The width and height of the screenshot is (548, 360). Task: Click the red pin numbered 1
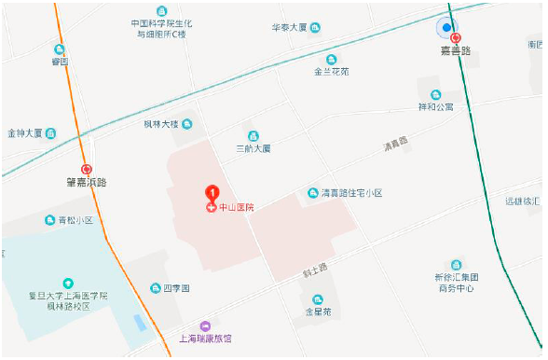212,192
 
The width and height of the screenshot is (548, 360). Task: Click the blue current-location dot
447,28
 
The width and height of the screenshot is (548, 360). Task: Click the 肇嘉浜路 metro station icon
87,170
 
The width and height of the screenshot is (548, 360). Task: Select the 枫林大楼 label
160,123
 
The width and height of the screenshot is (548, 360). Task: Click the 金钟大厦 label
25,133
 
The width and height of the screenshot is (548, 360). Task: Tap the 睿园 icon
60,49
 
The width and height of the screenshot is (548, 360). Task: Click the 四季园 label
177,289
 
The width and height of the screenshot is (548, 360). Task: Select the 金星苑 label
318,312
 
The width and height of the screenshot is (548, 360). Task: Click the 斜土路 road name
316,269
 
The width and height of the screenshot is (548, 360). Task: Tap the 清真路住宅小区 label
351,193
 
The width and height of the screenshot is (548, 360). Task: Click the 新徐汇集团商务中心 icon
456,265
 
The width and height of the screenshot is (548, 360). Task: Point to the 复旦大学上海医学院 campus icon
67,283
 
